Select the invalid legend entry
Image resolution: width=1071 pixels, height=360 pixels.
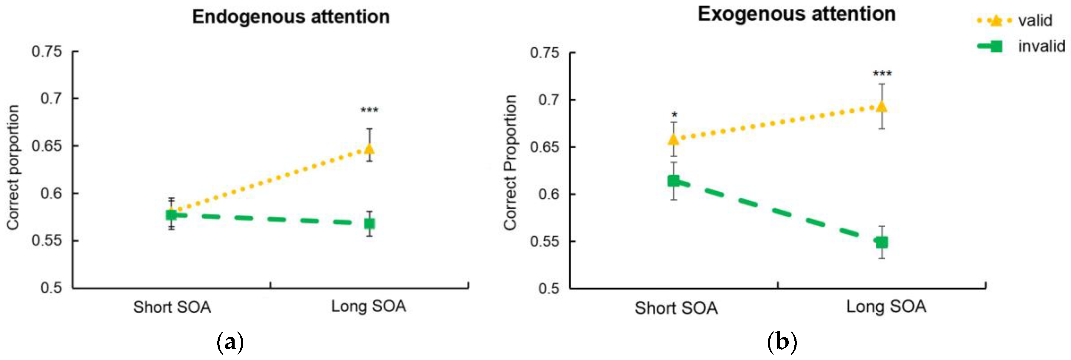coord(1041,46)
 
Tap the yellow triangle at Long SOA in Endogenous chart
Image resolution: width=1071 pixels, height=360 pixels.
coord(369,148)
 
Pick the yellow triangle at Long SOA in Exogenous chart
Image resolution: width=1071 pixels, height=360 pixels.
coord(881,107)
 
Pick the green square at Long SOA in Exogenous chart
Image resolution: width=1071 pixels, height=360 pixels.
coord(881,242)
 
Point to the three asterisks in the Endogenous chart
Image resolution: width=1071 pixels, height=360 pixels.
coord(369,110)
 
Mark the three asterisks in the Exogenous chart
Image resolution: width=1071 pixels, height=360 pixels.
coord(882,74)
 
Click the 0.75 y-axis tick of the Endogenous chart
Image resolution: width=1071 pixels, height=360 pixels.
coord(46,52)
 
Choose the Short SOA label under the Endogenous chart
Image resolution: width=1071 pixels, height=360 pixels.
coord(172,308)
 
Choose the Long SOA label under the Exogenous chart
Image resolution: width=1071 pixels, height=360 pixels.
coord(886,307)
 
